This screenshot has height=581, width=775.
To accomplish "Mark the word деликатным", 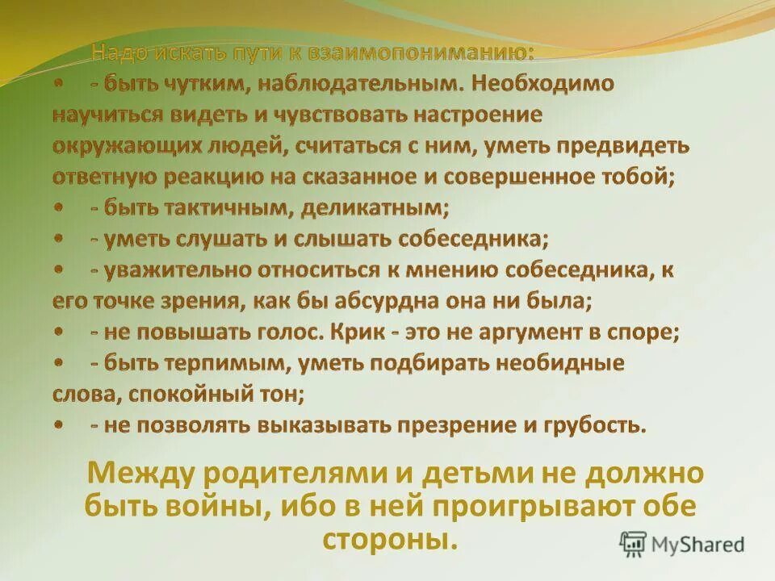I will pyautogui.click(x=375, y=207).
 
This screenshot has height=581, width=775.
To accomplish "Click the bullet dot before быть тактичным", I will pyautogui.click(x=60, y=207).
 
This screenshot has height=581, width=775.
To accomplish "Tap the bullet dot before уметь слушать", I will pyautogui.click(x=60, y=238).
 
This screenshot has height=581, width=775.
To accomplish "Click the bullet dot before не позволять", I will pyautogui.click(x=60, y=424).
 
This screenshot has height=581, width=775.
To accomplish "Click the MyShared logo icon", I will pyautogui.click(x=633, y=543).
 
